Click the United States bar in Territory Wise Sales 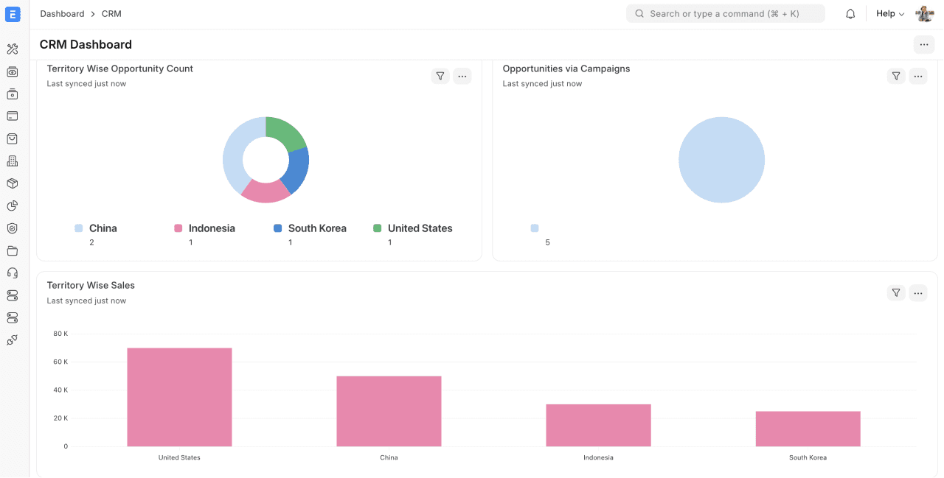[179, 397]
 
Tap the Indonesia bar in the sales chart [598, 425]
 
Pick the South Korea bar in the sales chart [808, 429]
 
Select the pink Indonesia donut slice [265, 191]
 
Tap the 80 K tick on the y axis [60, 334]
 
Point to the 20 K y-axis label [60, 418]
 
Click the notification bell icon [850, 14]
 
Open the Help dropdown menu [890, 14]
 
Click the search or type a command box [725, 14]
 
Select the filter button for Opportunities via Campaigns [896, 76]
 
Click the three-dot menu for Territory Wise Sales [918, 293]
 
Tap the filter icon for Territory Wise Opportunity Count [440, 76]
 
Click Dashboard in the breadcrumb [62, 14]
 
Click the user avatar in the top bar [925, 14]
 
